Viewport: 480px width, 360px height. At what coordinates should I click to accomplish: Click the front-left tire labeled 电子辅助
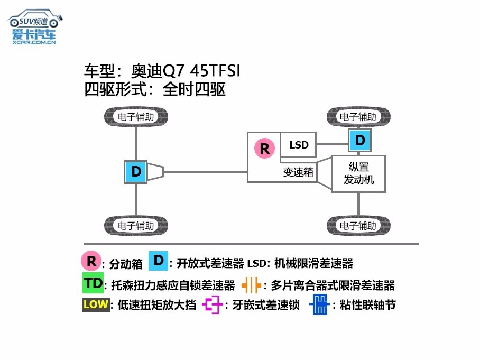click(136, 117)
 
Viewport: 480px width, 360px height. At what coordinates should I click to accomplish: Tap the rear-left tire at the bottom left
click(136, 226)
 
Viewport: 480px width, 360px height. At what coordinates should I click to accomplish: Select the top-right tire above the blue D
click(358, 117)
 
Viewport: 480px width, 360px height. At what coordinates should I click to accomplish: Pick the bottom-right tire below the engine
click(358, 226)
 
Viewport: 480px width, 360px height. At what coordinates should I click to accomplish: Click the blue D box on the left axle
click(136, 172)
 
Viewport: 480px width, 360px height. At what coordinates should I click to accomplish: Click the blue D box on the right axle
click(360, 140)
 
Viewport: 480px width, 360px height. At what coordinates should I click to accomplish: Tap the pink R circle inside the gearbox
click(265, 149)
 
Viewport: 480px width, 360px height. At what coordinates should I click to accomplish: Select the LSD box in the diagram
click(298, 145)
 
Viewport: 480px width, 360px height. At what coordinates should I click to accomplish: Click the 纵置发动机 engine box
click(358, 173)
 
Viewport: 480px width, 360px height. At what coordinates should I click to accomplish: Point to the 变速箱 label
click(298, 172)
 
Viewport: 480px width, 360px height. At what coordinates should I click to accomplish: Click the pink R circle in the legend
click(91, 261)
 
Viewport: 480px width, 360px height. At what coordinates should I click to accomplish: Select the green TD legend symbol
click(93, 283)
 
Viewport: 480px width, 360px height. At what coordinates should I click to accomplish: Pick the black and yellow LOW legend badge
click(95, 305)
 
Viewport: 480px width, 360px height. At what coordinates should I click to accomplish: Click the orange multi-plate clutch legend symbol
click(251, 285)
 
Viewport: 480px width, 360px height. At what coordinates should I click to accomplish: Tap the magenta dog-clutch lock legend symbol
click(213, 305)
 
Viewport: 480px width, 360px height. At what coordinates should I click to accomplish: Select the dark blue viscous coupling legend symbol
click(319, 305)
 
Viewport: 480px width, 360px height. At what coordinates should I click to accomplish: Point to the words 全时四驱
click(195, 89)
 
